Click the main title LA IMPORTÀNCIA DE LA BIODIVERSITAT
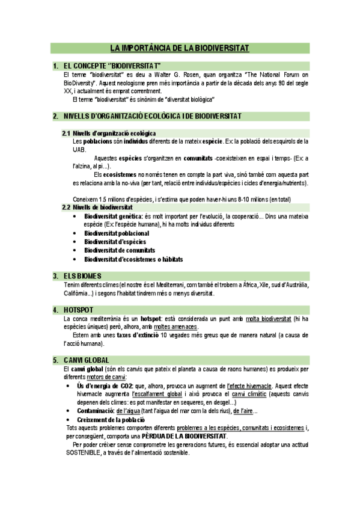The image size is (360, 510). pyautogui.click(x=180, y=48)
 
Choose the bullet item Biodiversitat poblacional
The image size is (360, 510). pyautogui.click(x=117, y=233)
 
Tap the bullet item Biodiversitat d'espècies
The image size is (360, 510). pyautogui.click(x=115, y=242)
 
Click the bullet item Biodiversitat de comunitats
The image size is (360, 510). pyautogui.click(x=120, y=250)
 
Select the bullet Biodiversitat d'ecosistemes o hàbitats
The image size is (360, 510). pyautogui.click(x=133, y=259)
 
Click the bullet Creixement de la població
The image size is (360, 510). pyautogui.click(x=115, y=419)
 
